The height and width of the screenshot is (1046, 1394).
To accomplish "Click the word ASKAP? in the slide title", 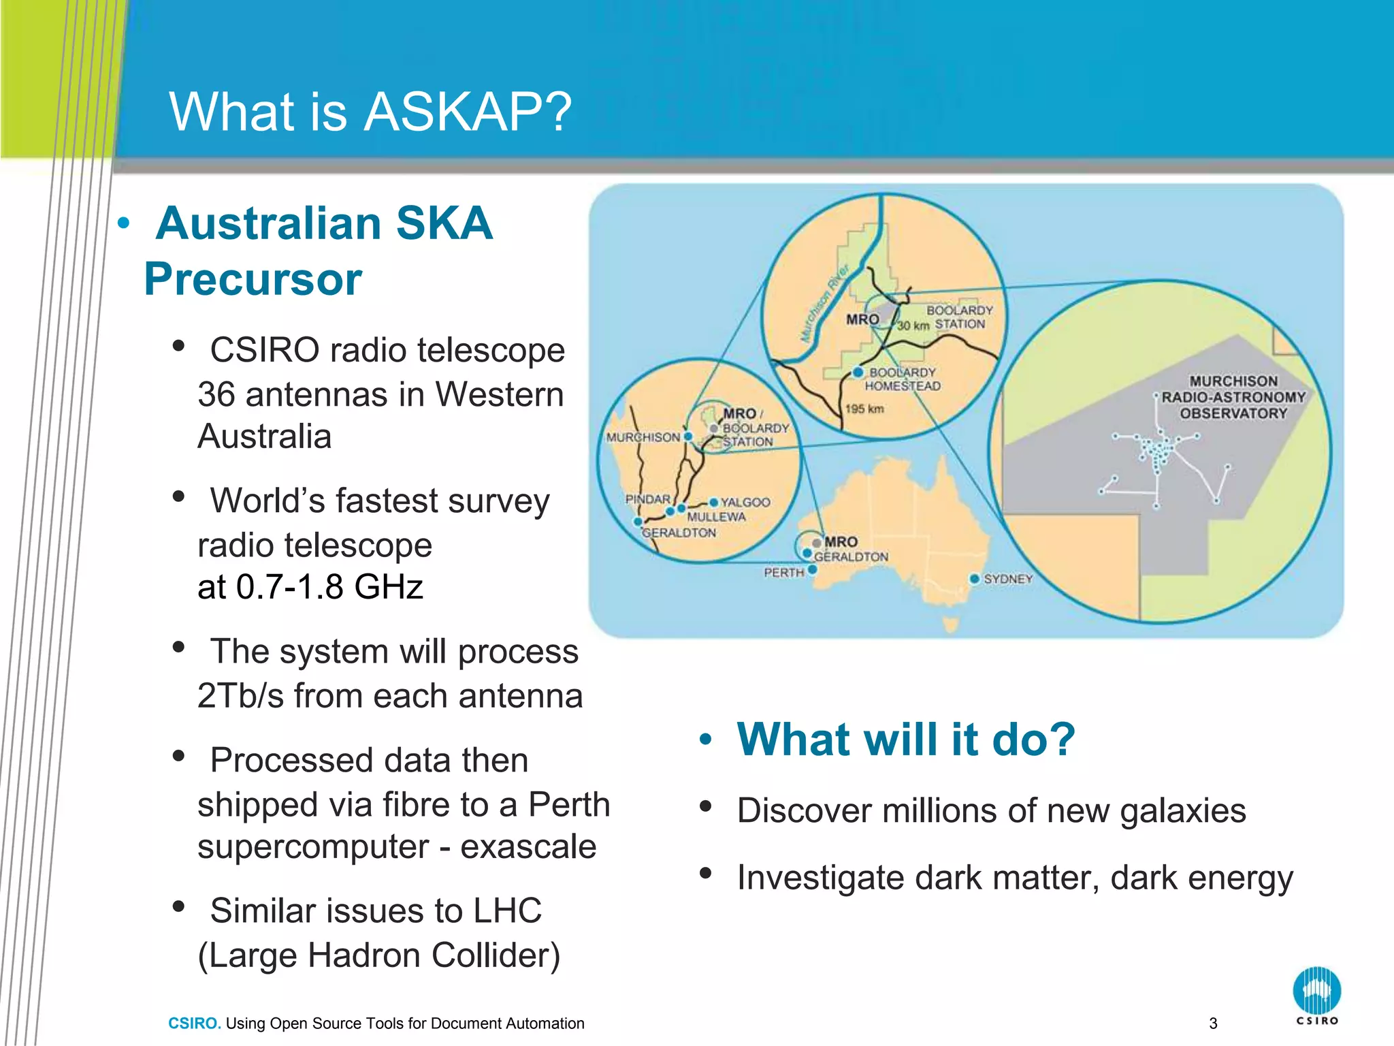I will (x=468, y=112).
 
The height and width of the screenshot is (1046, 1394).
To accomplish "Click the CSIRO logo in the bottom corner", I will (x=1316, y=995).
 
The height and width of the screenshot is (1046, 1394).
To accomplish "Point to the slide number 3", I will (x=1213, y=1023).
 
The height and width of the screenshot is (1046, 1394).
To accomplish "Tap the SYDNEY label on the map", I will (x=1008, y=579).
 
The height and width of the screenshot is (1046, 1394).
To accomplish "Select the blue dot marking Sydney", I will (x=974, y=579).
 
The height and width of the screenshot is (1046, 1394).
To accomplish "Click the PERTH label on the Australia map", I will (x=784, y=573).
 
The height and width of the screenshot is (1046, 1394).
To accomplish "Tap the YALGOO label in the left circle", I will (x=745, y=503).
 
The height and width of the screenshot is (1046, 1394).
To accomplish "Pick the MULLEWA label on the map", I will (x=716, y=517).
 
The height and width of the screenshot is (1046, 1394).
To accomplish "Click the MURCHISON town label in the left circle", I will (x=643, y=437).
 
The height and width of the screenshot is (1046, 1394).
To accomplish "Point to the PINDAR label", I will (x=647, y=499).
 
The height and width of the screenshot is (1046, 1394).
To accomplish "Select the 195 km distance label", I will (x=864, y=409).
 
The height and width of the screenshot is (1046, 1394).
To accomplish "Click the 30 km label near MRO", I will (x=913, y=326).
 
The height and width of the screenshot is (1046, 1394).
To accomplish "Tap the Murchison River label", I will (x=824, y=303).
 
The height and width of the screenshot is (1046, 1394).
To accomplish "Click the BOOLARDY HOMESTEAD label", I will (x=903, y=379).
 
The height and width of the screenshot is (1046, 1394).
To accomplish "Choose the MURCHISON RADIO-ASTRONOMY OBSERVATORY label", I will (x=1233, y=397).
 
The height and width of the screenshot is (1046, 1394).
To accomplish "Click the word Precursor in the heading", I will (x=253, y=279).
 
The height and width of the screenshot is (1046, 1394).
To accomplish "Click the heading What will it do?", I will (x=906, y=740).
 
